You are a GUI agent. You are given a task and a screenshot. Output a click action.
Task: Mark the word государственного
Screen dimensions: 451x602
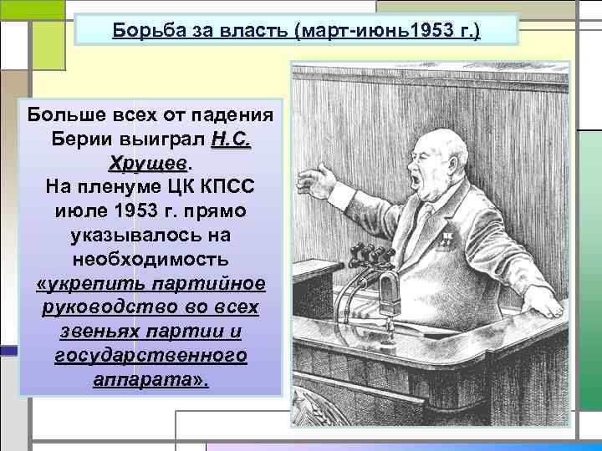coord(151,356)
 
